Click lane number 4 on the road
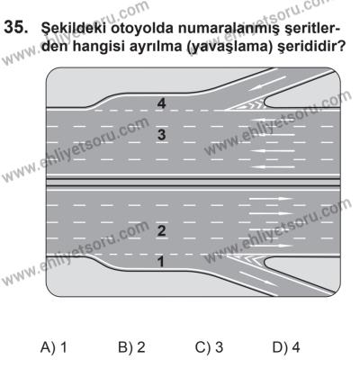pyautogui.click(x=161, y=104)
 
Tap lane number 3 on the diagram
pyautogui.click(x=161, y=135)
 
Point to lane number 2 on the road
pyautogui.click(x=161, y=231)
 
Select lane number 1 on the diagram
pyautogui.click(x=161, y=262)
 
